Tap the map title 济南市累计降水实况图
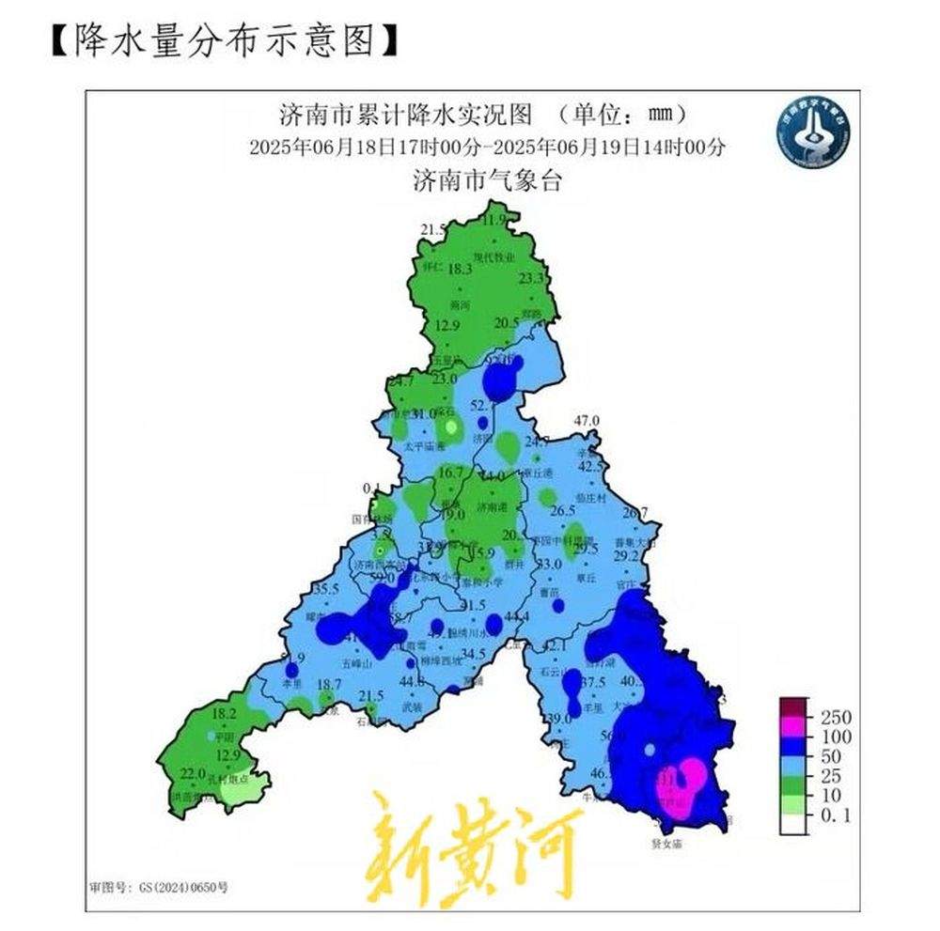(x=406, y=115)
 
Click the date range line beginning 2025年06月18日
(x=488, y=147)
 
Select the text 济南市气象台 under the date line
(x=487, y=180)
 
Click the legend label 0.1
(x=834, y=816)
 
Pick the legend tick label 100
(x=836, y=737)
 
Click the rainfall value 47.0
(x=587, y=420)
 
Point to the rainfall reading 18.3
(x=459, y=269)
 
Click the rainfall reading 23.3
(x=532, y=278)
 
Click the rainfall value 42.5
(x=590, y=466)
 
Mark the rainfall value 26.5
(x=562, y=511)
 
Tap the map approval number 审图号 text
(x=159, y=886)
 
